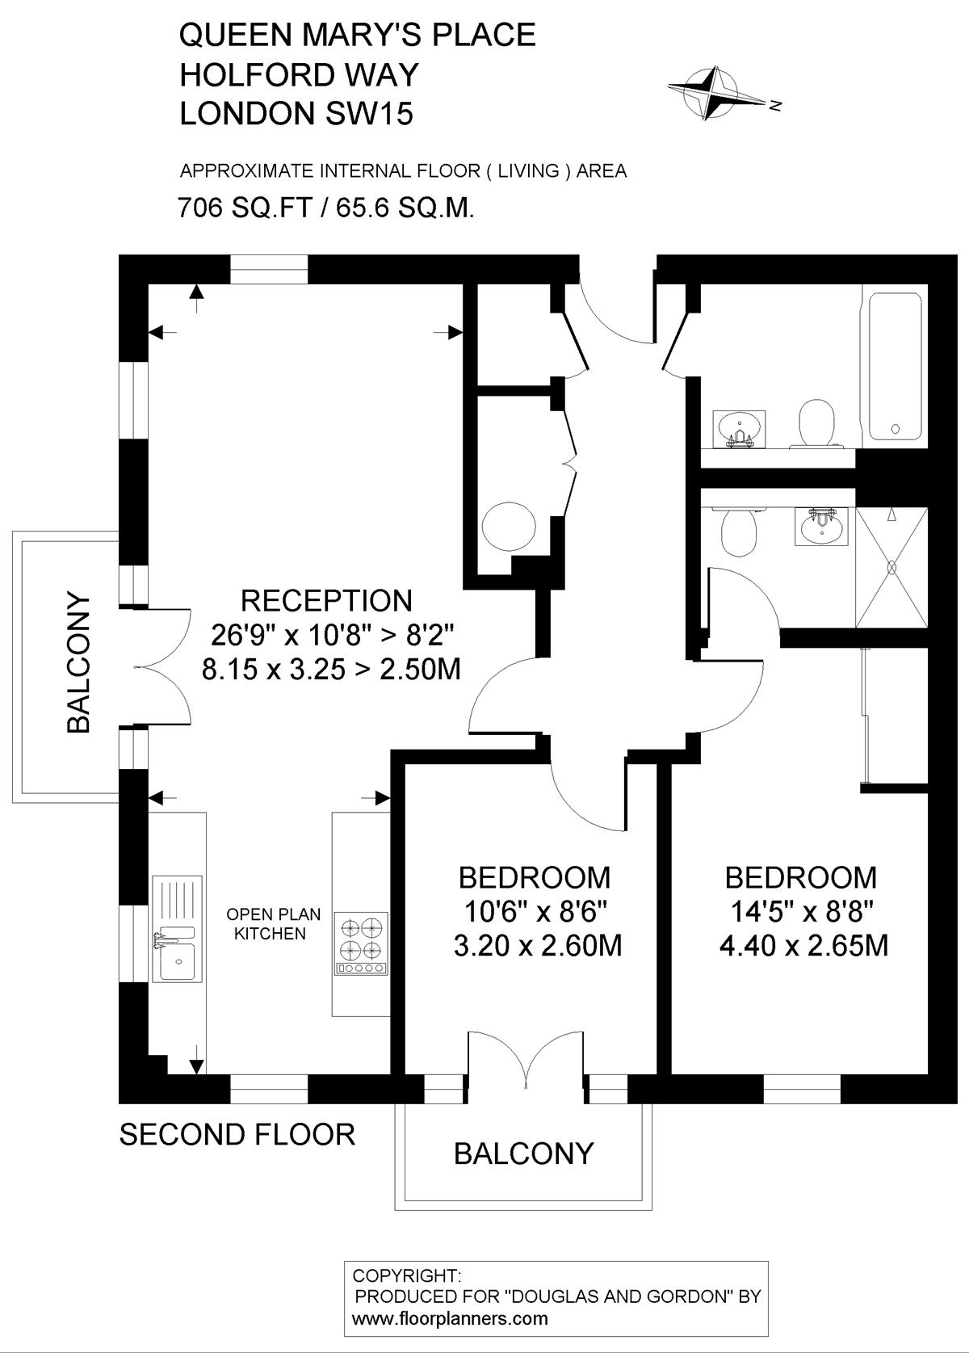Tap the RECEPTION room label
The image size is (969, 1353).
pyautogui.click(x=326, y=601)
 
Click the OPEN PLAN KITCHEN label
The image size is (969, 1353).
pyautogui.click(x=274, y=923)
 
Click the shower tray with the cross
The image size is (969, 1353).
pyautogui.click(x=891, y=568)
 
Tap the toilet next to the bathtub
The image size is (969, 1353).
pyautogui.click(x=816, y=423)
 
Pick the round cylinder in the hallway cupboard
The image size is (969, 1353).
pyautogui.click(x=510, y=526)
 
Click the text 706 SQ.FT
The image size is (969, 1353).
pyautogui.click(x=244, y=208)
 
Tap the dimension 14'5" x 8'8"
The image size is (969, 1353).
pyautogui.click(x=803, y=912)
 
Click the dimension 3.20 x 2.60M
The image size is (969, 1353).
pyautogui.click(x=537, y=946)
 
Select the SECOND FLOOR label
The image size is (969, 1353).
pyautogui.click(x=237, y=1134)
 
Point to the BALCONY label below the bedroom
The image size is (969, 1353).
pyautogui.click(x=523, y=1153)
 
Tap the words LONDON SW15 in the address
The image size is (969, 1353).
pyautogui.click(x=296, y=113)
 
